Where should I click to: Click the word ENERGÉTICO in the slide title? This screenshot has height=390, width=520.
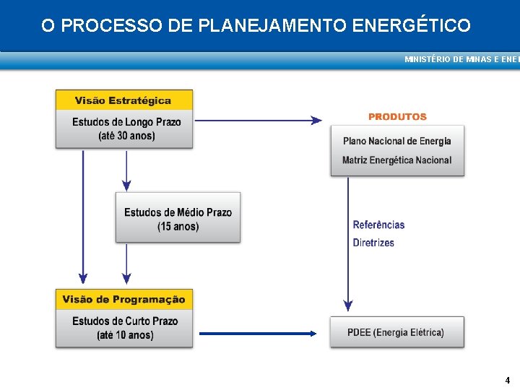click(x=412, y=26)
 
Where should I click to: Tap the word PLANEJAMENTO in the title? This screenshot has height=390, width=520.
click(x=273, y=26)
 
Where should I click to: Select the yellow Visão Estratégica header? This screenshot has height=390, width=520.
click(x=123, y=100)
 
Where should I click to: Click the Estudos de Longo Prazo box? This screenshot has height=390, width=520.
click(x=124, y=129)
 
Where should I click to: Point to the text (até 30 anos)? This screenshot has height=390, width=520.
click(x=126, y=136)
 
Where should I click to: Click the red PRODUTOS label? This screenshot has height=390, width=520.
click(x=397, y=116)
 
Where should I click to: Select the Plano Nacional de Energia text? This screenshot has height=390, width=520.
click(x=397, y=141)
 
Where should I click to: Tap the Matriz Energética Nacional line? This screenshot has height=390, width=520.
click(x=397, y=160)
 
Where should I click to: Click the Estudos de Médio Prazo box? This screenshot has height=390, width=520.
click(x=178, y=217)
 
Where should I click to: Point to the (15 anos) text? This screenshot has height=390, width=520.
click(x=178, y=227)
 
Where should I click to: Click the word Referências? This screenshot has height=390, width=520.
click(x=378, y=225)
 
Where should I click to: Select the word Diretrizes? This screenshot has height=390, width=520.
click(x=373, y=243)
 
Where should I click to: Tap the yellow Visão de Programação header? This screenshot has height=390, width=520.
click(x=123, y=300)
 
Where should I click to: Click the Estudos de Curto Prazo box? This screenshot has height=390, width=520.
click(x=124, y=327)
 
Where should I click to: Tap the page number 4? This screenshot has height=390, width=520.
click(x=507, y=380)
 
